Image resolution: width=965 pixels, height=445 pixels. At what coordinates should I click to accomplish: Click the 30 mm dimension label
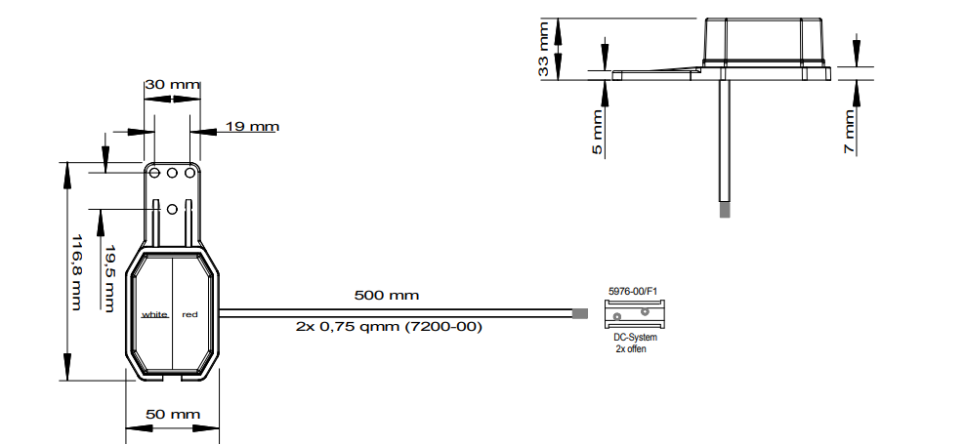172,84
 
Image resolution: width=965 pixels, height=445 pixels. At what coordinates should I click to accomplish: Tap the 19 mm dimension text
252,127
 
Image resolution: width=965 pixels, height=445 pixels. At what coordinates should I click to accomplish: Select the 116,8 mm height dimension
76,271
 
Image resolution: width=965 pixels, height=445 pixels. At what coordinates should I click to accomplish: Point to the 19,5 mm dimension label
109,278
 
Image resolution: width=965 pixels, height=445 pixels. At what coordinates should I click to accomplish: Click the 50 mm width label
173,415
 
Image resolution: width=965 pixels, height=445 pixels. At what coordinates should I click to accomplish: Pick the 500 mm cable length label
387,295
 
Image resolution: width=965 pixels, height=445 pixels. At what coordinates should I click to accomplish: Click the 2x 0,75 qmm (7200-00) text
389,326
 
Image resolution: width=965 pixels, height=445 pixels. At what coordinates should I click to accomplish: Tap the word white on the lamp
154,314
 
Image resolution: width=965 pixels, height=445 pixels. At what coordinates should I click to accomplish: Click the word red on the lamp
190,314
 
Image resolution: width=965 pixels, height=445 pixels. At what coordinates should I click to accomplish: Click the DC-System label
635,338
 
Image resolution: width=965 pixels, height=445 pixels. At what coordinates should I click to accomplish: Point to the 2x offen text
631,348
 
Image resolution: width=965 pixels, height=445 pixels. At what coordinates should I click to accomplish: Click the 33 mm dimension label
543,49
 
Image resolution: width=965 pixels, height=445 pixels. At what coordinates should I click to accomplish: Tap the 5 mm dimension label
598,132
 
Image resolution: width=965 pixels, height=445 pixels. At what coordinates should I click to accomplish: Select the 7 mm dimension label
850,132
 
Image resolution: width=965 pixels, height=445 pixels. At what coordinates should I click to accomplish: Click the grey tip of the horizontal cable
580,313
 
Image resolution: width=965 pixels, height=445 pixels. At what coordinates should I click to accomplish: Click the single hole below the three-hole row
172,210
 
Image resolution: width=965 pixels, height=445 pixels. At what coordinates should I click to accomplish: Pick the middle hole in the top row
172,174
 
